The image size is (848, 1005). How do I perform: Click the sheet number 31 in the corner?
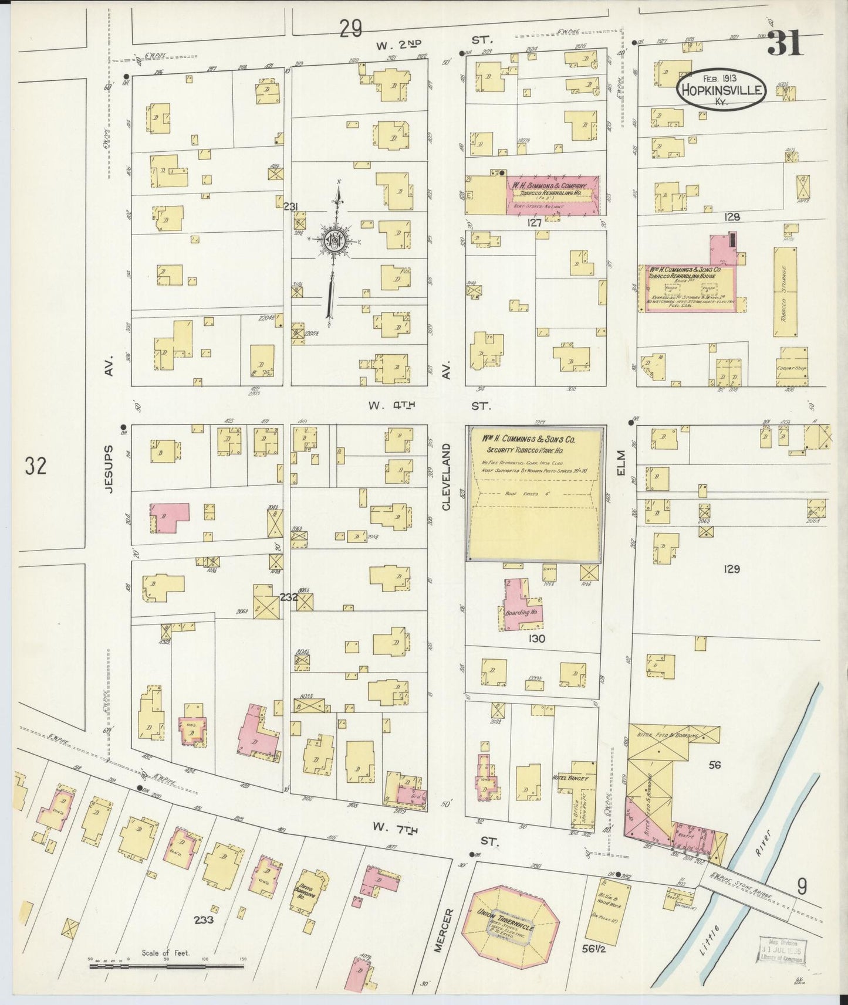click(785, 44)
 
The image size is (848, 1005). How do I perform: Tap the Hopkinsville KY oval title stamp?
click(721, 90)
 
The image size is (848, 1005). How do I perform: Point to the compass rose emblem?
click(333, 242)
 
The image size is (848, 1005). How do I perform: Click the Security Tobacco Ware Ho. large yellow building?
click(534, 494)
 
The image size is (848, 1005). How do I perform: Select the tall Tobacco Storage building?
click(785, 291)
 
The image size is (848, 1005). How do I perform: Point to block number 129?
click(732, 568)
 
